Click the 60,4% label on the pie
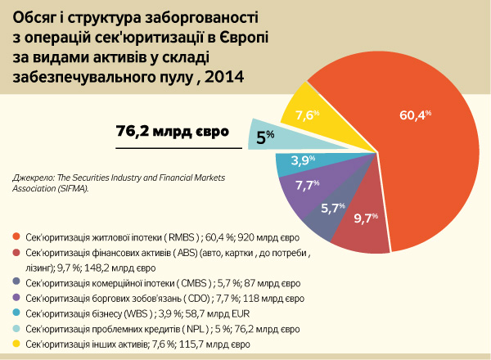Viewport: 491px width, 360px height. [414, 115]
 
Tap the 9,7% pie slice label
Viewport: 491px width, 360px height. [365, 218]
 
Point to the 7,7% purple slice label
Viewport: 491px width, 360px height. [307, 186]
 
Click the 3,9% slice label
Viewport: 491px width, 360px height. [304, 160]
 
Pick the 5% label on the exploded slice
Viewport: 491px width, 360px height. [265, 138]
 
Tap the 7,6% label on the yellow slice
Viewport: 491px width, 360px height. [307, 115]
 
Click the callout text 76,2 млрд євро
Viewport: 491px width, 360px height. [172, 131]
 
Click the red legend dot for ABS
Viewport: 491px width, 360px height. [16, 253]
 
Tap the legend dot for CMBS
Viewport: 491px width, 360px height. [16, 283]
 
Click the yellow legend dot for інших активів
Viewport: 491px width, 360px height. [16, 344]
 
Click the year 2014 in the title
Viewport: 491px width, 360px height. [225, 76]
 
